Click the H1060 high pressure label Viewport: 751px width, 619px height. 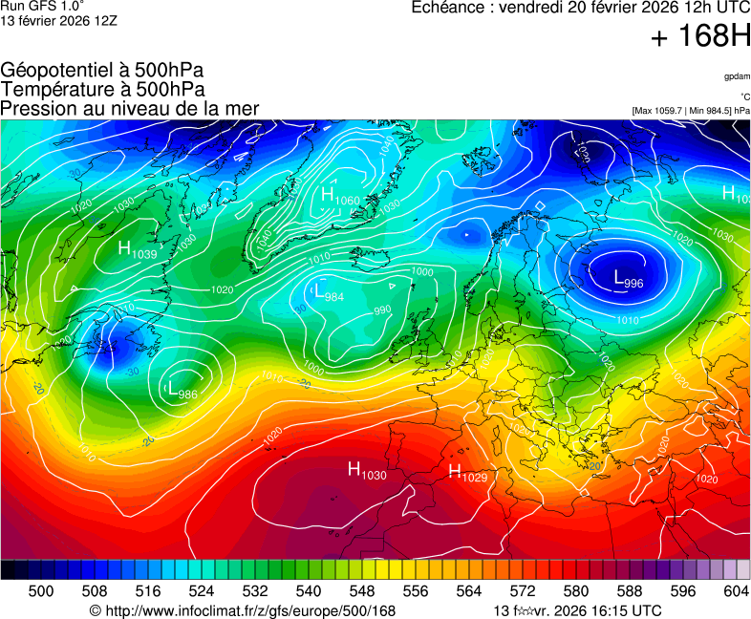(x=340, y=196)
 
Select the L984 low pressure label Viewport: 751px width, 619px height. (x=328, y=292)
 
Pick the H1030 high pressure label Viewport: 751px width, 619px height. (x=367, y=470)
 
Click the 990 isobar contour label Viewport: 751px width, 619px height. (x=382, y=310)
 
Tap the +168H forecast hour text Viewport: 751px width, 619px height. (x=700, y=37)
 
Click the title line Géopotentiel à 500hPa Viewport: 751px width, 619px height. (x=102, y=71)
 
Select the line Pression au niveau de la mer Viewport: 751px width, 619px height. (x=130, y=109)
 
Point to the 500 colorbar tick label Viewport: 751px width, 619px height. (x=40, y=592)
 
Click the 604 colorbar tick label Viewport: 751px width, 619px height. (x=736, y=592)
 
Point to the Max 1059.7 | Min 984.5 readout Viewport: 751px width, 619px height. (x=691, y=111)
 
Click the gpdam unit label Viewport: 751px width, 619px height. (x=736, y=75)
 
